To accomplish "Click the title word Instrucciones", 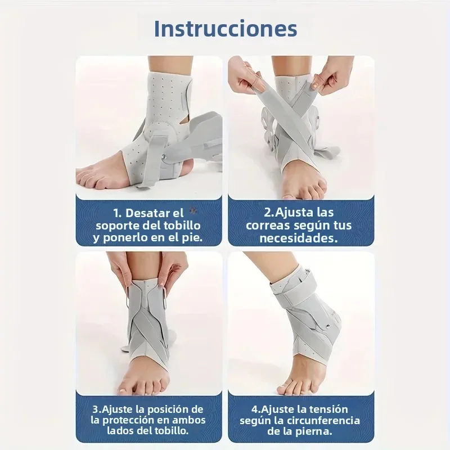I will pyautogui.click(x=225, y=28).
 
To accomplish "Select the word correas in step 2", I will pyautogui.click(x=264, y=226).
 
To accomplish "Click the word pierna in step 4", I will pyautogui.click(x=316, y=431).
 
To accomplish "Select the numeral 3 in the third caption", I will pyautogui.click(x=95, y=409).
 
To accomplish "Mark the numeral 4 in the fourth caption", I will pyautogui.click(x=255, y=409).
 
